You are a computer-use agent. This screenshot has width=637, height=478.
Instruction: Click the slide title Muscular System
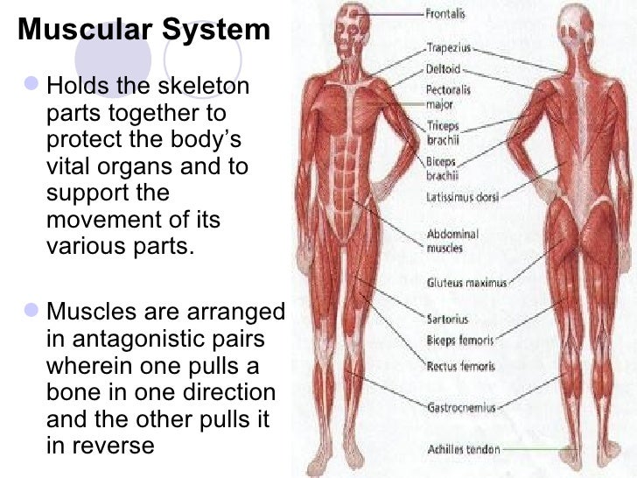[144, 30]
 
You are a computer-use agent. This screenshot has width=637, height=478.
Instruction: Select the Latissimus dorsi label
[463, 199]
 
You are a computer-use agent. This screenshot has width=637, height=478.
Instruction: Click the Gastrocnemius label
[461, 408]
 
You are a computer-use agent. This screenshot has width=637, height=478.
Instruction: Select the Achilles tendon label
[463, 449]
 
